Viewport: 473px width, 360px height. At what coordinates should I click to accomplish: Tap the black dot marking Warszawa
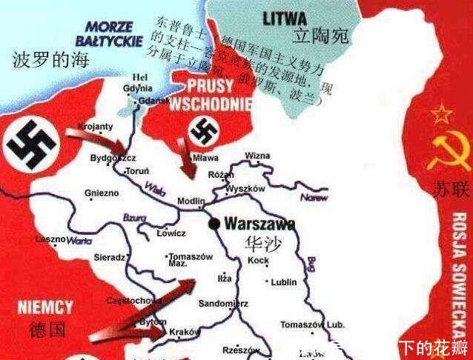pos(214,223)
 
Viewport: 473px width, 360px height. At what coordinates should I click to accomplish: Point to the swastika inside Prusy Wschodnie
pos(203,133)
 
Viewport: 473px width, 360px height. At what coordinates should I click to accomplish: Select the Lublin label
pos(285,281)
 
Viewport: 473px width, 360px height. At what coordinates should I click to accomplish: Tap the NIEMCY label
pos(47,307)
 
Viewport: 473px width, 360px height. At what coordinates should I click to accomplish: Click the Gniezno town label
pos(102,193)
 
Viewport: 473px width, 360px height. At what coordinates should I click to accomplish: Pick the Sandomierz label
pos(224,304)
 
